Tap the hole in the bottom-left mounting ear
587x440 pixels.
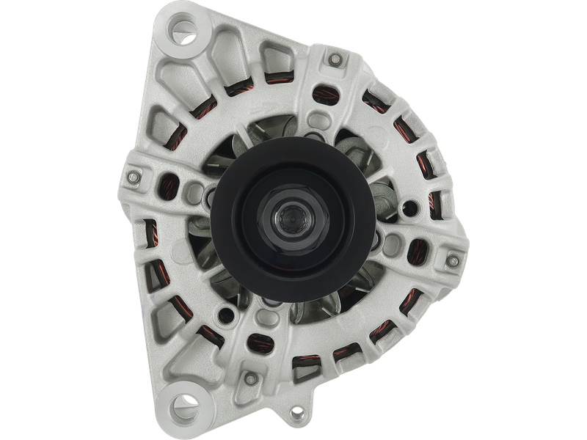point(179,406)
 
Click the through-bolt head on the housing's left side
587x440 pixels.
point(134,178)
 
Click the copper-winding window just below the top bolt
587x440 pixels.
point(323,92)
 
